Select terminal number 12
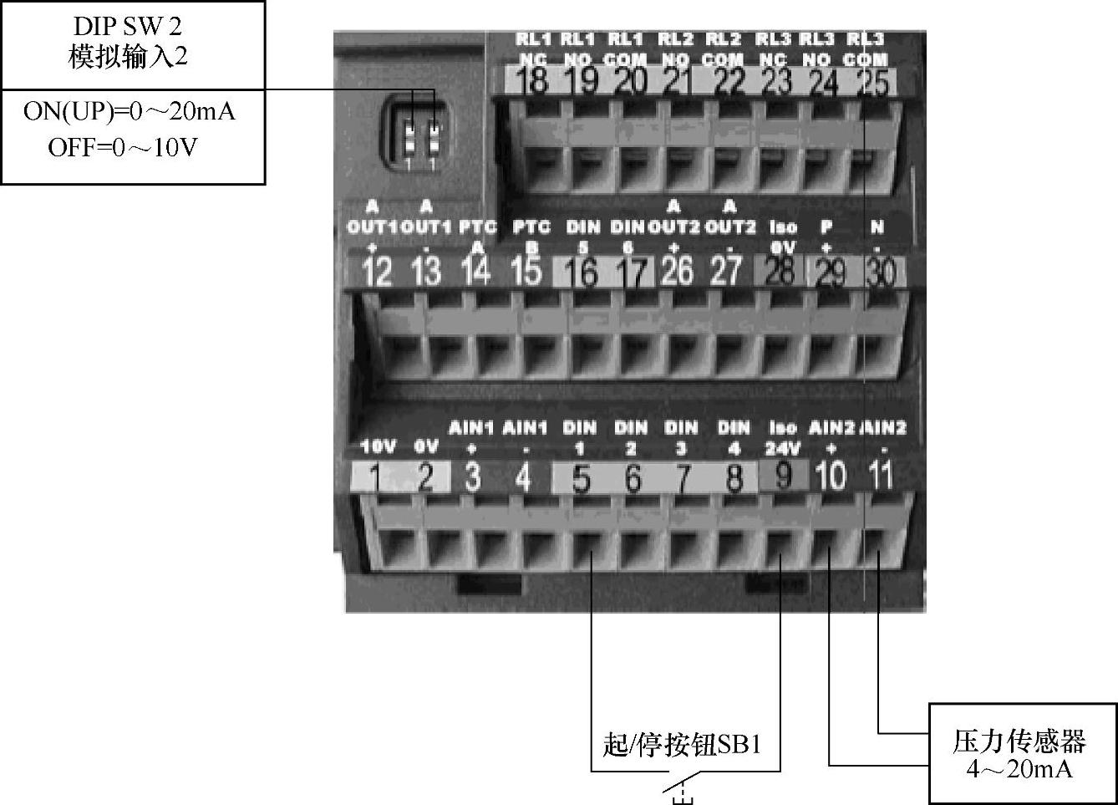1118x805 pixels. [378, 273]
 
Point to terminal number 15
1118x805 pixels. [526, 271]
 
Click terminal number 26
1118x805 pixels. [677, 271]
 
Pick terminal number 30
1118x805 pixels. [879, 273]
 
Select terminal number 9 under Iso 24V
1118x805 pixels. [784, 476]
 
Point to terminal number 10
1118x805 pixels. [831, 476]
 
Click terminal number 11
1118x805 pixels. [880, 476]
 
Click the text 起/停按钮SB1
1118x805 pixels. [682, 743]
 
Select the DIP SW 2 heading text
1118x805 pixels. [128, 27]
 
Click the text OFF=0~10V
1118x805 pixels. [123, 148]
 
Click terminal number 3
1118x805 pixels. [472, 478]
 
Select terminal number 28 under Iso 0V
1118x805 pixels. [779, 272]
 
